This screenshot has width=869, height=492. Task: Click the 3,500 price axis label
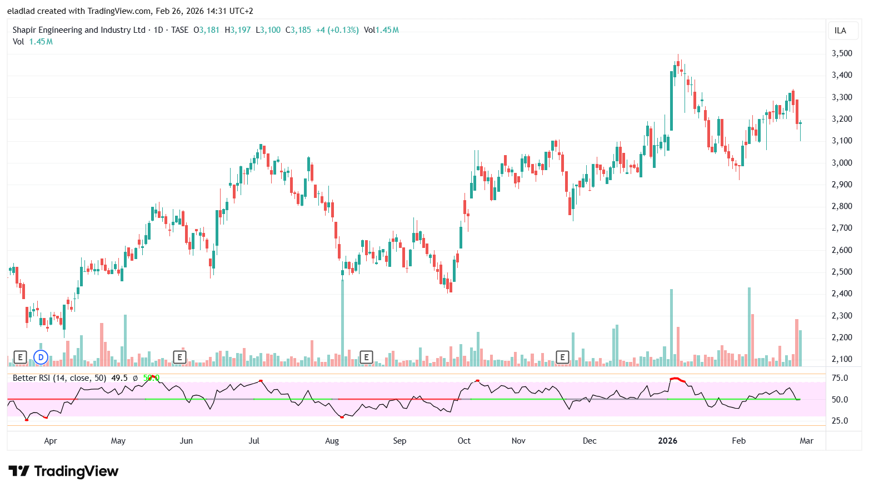click(841, 53)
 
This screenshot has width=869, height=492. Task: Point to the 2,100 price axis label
click(841, 359)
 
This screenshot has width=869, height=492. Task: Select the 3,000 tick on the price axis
click(841, 163)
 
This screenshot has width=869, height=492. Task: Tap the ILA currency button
click(840, 31)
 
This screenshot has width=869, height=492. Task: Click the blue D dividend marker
click(41, 357)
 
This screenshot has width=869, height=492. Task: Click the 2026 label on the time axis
click(667, 441)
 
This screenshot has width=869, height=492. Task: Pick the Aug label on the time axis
click(332, 441)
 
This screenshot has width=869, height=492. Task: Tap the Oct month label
click(464, 441)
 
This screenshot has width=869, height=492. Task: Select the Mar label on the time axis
click(806, 441)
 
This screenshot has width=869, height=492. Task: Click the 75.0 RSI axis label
click(840, 378)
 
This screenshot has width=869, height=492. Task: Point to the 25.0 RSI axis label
click(840, 421)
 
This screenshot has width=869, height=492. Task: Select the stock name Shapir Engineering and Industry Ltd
click(79, 30)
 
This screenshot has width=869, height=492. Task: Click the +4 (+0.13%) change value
click(337, 30)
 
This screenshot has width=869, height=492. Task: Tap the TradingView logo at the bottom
click(63, 471)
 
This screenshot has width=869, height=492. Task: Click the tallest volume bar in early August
click(342, 322)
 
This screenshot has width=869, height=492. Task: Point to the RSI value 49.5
click(119, 378)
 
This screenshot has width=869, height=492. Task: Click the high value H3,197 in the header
click(238, 30)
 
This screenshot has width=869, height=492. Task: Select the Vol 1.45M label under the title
click(33, 42)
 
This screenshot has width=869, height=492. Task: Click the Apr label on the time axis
click(51, 441)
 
